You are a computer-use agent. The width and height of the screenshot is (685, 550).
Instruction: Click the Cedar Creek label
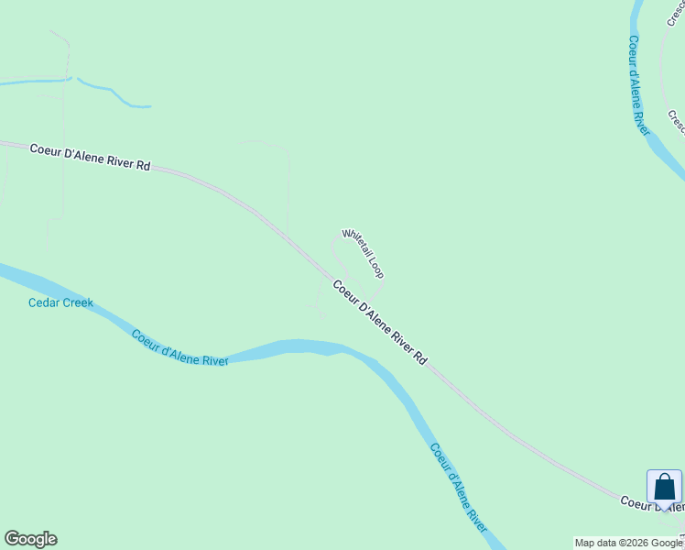click(60, 302)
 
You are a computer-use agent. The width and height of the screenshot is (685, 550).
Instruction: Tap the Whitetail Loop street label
click(363, 253)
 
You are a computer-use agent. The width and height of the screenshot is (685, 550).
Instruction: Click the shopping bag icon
click(664, 487)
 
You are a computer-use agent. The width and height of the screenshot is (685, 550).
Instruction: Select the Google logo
click(30, 539)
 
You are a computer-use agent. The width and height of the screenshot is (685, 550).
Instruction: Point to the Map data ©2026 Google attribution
click(628, 543)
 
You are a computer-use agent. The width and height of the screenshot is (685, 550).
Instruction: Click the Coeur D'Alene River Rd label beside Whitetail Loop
click(379, 323)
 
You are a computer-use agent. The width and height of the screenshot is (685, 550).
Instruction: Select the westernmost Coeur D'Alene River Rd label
click(90, 157)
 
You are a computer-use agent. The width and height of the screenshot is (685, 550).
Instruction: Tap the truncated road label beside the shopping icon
click(652, 503)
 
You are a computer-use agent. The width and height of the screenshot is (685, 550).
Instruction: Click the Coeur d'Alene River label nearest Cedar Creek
click(179, 348)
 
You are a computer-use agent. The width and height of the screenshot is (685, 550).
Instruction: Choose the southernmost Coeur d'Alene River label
click(458, 489)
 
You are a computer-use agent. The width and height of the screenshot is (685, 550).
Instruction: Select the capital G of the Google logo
click(12, 539)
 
